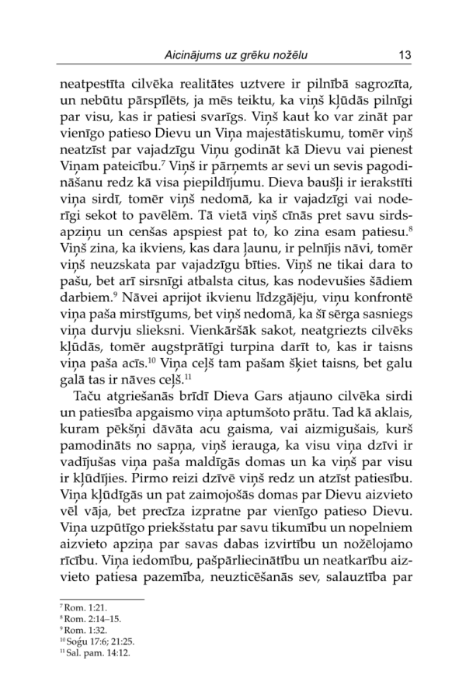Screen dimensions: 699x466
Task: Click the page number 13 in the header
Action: click(403, 56)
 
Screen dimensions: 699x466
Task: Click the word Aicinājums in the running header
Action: click(201, 56)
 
